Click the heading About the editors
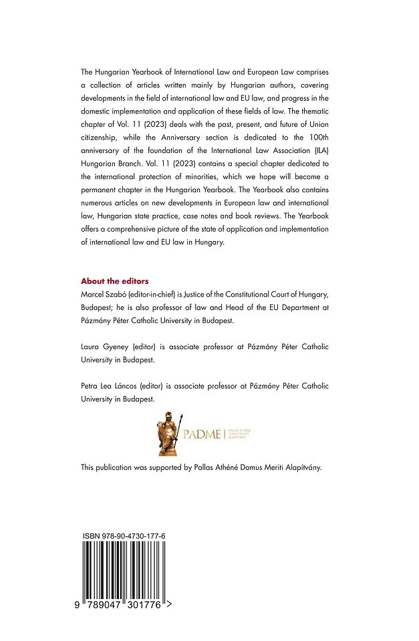114,281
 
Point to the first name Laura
91,348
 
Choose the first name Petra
91,387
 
